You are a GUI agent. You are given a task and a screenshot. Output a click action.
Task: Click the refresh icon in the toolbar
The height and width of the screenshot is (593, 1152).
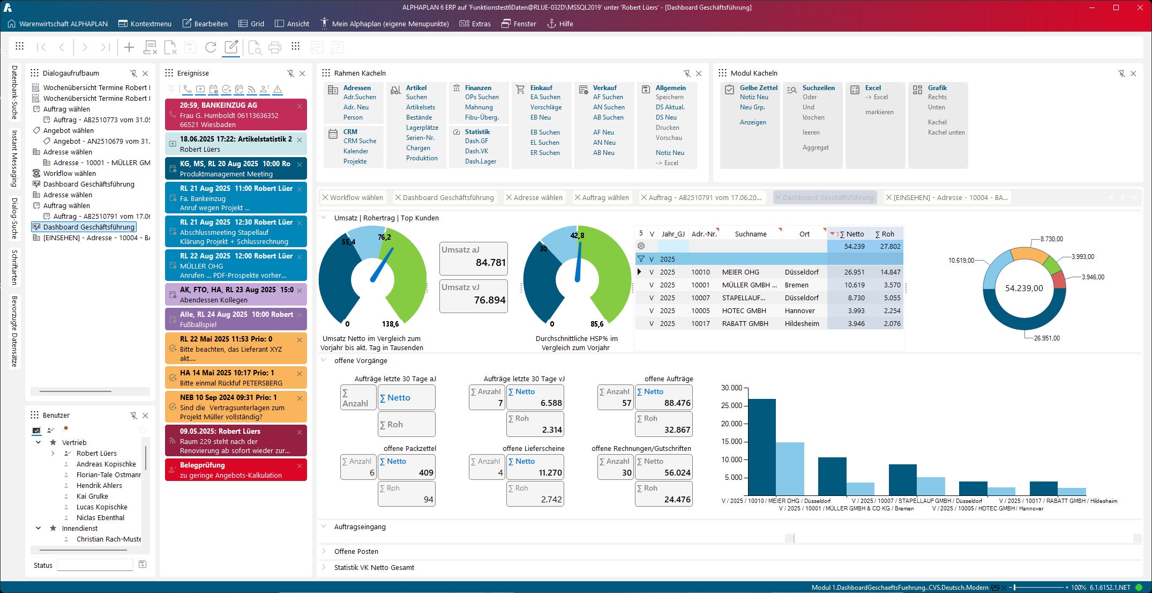(211, 47)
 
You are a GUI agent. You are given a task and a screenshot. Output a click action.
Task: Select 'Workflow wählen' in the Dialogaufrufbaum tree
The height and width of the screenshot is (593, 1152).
(70, 173)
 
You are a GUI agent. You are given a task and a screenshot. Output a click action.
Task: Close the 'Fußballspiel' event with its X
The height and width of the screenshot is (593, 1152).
(300, 315)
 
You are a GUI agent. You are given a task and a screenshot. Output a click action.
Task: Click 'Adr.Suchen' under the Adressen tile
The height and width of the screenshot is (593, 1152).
(360, 97)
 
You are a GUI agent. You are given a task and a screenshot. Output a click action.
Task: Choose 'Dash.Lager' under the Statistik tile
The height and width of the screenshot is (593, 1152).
(481, 161)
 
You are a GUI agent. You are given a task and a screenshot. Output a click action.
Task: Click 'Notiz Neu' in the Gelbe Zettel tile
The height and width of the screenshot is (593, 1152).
(754, 97)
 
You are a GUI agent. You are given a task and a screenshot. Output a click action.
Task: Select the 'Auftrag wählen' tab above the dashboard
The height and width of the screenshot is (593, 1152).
(605, 197)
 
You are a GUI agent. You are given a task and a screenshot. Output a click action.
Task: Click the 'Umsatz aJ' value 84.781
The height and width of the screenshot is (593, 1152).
(490, 263)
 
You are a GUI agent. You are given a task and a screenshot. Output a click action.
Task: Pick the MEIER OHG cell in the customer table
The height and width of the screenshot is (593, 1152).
(740, 272)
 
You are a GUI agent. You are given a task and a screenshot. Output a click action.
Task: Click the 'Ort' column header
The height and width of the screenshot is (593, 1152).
(804, 234)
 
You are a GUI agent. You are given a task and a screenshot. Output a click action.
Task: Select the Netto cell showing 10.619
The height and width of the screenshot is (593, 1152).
(854, 285)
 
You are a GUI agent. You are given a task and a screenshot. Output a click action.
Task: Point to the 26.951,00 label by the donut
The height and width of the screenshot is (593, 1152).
(1046, 338)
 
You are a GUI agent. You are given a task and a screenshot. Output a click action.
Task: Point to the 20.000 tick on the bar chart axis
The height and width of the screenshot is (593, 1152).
(731, 424)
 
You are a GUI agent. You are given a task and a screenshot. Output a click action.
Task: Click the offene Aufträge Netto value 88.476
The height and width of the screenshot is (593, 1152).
(677, 403)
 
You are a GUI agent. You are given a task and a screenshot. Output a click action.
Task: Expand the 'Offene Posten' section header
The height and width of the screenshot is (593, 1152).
(356, 551)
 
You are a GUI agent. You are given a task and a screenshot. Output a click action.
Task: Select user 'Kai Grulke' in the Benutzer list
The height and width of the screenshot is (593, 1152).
(92, 496)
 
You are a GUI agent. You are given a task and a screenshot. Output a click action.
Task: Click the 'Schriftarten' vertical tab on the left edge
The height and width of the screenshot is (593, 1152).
(14, 267)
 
